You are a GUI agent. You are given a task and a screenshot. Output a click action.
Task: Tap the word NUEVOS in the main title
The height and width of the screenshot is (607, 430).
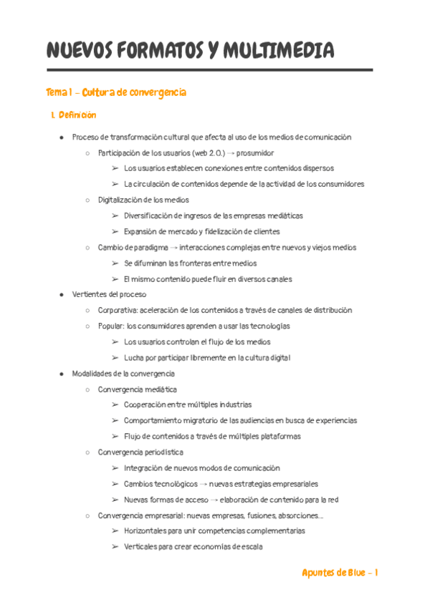click(76, 51)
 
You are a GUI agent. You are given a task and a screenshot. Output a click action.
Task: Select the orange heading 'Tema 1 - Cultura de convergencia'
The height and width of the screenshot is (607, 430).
click(116, 92)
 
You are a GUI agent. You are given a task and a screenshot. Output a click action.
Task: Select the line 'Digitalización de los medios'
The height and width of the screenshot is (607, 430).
click(143, 200)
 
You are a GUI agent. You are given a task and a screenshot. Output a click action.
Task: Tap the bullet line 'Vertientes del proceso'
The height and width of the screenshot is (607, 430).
click(109, 294)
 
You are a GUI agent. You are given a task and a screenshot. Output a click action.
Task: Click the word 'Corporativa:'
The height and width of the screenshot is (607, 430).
click(118, 310)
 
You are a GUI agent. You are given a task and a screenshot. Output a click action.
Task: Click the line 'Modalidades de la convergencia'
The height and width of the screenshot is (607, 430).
click(123, 373)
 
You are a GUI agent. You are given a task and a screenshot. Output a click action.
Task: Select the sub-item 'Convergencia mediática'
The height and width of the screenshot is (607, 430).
click(138, 389)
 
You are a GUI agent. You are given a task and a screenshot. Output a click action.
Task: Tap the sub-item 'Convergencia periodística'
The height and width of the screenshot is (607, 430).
click(140, 452)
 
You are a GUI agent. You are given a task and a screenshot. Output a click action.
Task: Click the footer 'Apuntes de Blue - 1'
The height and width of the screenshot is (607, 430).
click(340, 573)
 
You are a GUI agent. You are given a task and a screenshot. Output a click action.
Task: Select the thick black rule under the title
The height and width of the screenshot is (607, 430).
click(209, 70)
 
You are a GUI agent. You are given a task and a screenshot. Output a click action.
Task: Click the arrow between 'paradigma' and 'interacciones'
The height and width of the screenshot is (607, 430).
click(175, 247)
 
